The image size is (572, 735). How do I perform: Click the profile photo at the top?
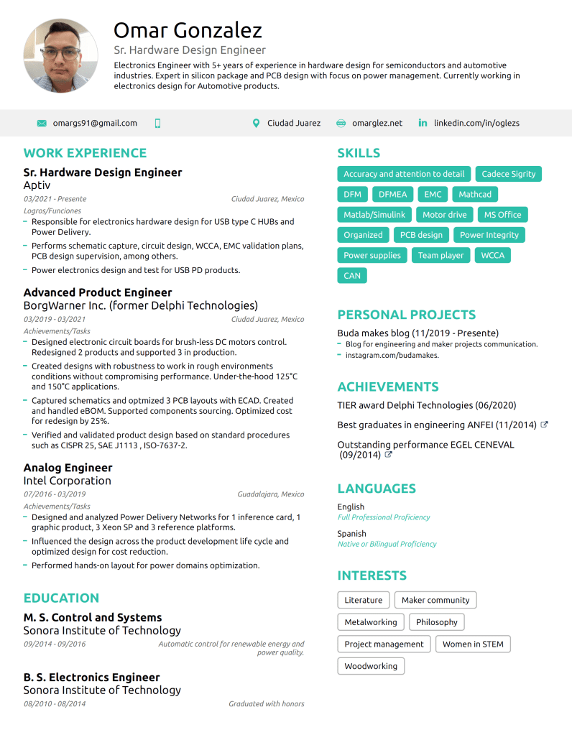tap(61, 56)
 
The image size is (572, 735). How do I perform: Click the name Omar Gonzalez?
tap(188, 30)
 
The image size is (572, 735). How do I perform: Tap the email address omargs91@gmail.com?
tap(95, 123)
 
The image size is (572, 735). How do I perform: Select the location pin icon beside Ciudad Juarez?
tap(256, 123)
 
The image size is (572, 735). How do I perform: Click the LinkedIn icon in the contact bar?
tap(423, 123)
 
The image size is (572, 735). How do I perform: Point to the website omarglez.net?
tap(377, 123)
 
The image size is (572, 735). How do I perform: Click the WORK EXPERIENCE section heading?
tap(85, 153)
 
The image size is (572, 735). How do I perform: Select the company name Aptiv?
tap(37, 185)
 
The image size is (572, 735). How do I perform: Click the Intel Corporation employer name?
tap(67, 481)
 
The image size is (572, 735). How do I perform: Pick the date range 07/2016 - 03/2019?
tap(55, 494)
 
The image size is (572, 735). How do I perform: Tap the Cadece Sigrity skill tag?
tap(508, 174)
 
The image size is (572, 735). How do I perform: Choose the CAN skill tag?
tap(352, 275)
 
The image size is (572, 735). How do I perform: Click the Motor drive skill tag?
tap(444, 215)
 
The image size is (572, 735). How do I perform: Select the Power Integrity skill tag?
tap(489, 235)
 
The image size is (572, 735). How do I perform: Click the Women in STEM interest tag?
tap(472, 644)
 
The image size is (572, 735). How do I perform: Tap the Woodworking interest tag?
tap(371, 666)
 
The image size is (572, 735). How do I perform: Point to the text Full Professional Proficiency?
tap(384, 517)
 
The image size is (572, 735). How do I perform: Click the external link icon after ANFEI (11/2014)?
tap(544, 425)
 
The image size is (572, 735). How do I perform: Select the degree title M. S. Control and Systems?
tap(93, 617)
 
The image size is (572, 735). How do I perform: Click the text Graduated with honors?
tap(266, 704)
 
